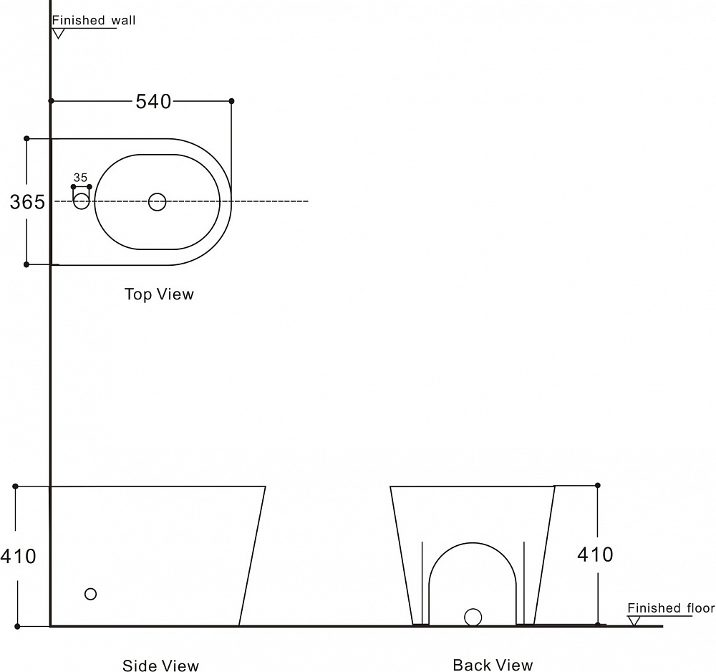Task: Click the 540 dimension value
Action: pyautogui.click(x=153, y=102)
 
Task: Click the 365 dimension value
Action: pyautogui.click(x=27, y=202)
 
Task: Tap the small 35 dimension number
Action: pyautogui.click(x=80, y=178)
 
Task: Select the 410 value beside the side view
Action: pyautogui.click(x=19, y=557)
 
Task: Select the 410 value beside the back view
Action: pyautogui.click(x=596, y=555)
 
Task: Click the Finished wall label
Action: pyautogui.click(x=94, y=21)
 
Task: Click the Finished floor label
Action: pyautogui.click(x=671, y=608)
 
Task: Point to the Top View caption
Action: pyautogui.click(x=160, y=294)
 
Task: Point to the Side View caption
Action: pyautogui.click(x=160, y=665)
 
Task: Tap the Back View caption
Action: pyautogui.click(x=493, y=665)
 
